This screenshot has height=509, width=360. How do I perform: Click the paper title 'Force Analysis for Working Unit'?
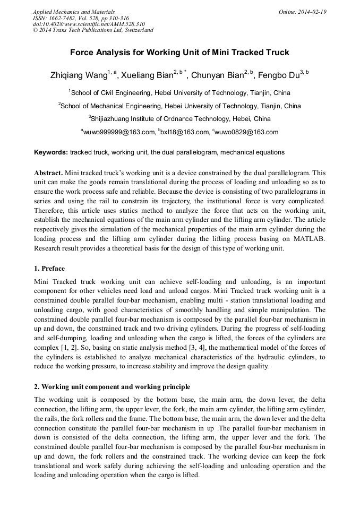pyautogui.click(x=179, y=53)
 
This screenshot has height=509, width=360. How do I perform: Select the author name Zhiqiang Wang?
pyautogui.click(x=78, y=75)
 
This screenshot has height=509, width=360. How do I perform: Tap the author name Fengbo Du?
pyautogui.click(x=279, y=75)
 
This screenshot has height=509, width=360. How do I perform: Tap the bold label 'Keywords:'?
pyautogui.click(x=50, y=152)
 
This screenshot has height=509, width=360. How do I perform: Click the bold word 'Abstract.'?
pyautogui.click(x=48, y=173)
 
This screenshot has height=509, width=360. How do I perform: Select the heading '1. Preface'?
pyautogui.click(x=49, y=269)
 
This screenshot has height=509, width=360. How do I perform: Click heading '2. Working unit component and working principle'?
pyautogui.click(x=112, y=386)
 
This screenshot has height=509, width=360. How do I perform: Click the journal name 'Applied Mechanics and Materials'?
pyautogui.click(x=73, y=11)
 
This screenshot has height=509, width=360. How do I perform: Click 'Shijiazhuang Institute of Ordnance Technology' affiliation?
pyautogui.click(x=181, y=119)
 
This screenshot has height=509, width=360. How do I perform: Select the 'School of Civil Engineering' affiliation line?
pyautogui.click(x=179, y=92)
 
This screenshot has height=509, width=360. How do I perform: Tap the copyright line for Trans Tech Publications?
pyautogui.click(x=93, y=30)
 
